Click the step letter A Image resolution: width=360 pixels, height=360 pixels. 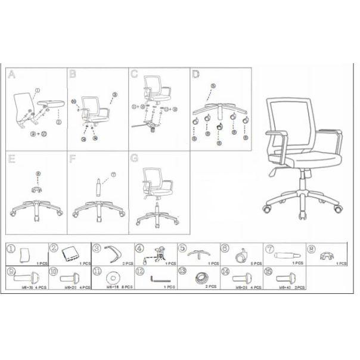tap(11, 75)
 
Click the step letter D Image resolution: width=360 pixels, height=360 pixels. tap(196, 75)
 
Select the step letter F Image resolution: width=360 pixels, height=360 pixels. tap(73, 159)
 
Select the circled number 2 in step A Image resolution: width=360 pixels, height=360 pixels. tap(58, 122)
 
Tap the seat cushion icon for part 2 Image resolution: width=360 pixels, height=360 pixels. tap(72, 254)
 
